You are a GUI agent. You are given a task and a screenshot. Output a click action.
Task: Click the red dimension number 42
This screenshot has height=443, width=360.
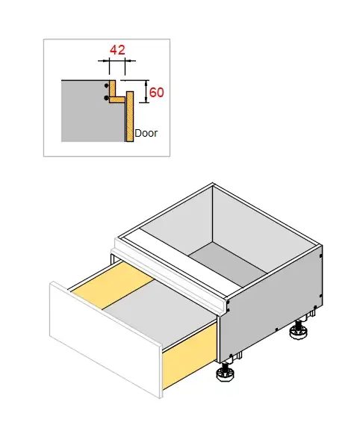117,50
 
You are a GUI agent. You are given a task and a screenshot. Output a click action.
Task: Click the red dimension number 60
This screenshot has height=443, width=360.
156,93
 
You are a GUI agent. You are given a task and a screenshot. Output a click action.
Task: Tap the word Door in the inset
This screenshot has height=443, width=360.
146,133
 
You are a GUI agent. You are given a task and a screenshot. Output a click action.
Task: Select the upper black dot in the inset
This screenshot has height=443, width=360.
106,85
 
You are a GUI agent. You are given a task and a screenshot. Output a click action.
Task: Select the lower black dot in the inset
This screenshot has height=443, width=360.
106,98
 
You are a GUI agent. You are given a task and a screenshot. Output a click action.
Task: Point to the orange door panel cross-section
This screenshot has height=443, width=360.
130,117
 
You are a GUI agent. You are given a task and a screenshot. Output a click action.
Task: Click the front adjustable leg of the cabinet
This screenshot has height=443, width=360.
226,373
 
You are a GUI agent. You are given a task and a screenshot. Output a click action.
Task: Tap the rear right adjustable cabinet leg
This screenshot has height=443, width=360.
299,330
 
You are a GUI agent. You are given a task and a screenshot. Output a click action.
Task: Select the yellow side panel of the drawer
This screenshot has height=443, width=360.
189,356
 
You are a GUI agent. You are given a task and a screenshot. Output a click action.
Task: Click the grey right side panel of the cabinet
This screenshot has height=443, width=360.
271,304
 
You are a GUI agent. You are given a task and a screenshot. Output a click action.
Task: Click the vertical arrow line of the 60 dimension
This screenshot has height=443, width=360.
146,91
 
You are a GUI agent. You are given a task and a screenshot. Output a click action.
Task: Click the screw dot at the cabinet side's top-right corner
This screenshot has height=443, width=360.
320,256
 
